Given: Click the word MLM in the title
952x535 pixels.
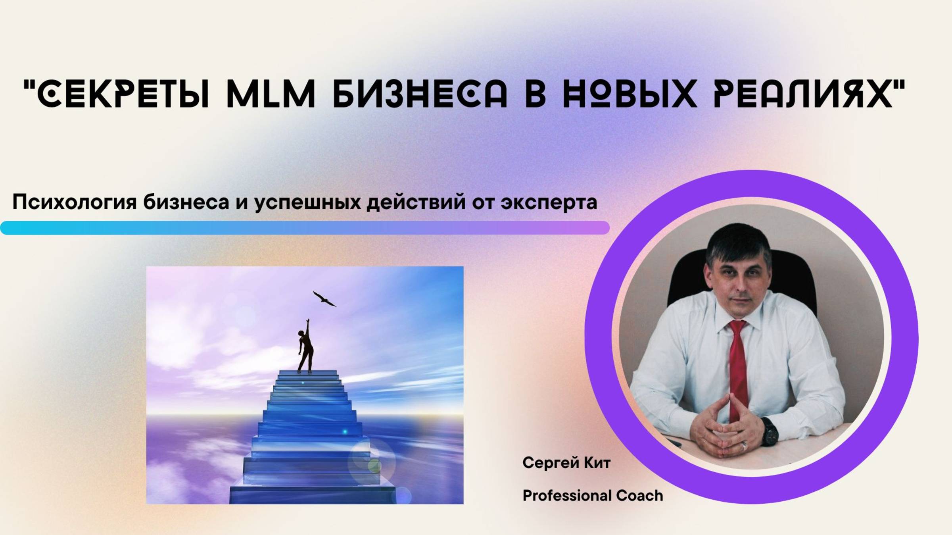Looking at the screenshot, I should (271, 94).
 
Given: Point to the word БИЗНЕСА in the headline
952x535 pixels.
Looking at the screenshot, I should (420, 94).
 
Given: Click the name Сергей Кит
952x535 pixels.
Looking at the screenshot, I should (566, 463).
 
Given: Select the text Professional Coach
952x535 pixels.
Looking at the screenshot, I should (593, 496).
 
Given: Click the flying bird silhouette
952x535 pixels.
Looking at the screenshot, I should (324, 299).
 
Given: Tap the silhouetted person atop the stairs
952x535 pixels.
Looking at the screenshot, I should (305, 347).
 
